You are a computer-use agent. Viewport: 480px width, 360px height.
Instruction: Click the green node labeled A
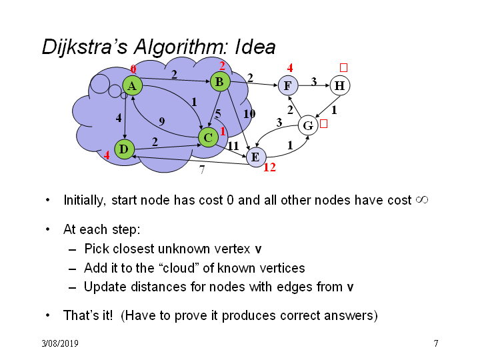(x=132, y=86)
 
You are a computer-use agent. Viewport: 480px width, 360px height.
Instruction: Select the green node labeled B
(x=220, y=81)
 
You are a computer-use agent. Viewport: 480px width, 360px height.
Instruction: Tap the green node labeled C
(x=208, y=137)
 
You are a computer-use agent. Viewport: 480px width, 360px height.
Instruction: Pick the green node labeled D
(x=124, y=149)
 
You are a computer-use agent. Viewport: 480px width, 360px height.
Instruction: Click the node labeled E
(x=256, y=157)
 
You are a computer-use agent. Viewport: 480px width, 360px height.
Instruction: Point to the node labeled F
(x=288, y=85)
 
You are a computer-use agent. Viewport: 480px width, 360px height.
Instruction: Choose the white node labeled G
(x=308, y=125)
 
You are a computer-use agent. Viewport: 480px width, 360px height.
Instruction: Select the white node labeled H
(x=340, y=85)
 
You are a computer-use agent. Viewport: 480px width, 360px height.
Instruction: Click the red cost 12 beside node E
(x=270, y=167)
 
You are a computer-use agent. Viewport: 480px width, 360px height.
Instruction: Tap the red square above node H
(x=343, y=67)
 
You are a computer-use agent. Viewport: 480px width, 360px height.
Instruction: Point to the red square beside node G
(x=323, y=124)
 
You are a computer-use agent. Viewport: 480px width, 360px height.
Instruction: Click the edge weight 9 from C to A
(x=162, y=121)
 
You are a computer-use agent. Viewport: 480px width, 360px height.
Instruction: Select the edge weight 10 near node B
(x=249, y=114)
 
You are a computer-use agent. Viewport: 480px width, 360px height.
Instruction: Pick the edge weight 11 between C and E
(x=233, y=146)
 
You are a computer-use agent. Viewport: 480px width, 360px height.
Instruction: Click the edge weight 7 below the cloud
(x=202, y=169)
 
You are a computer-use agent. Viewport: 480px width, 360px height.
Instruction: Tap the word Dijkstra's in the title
(x=85, y=47)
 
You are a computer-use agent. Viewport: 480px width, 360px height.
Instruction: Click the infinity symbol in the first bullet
(x=422, y=200)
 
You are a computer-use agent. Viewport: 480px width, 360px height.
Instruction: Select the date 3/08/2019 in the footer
(x=60, y=343)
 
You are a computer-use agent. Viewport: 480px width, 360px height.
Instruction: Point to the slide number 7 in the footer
(x=436, y=343)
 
